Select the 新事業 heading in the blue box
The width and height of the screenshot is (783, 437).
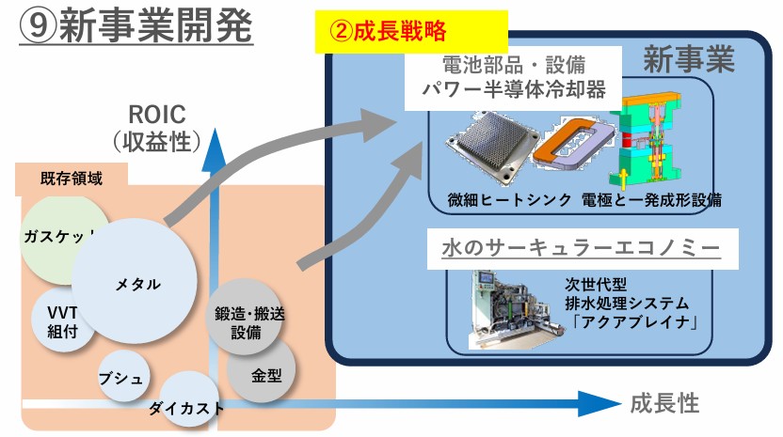pyautogui.click(x=689, y=62)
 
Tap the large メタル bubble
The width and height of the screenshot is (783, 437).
pyautogui.click(x=136, y=284)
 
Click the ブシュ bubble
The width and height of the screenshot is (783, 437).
pyautogui.click(x=122, y=377)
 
